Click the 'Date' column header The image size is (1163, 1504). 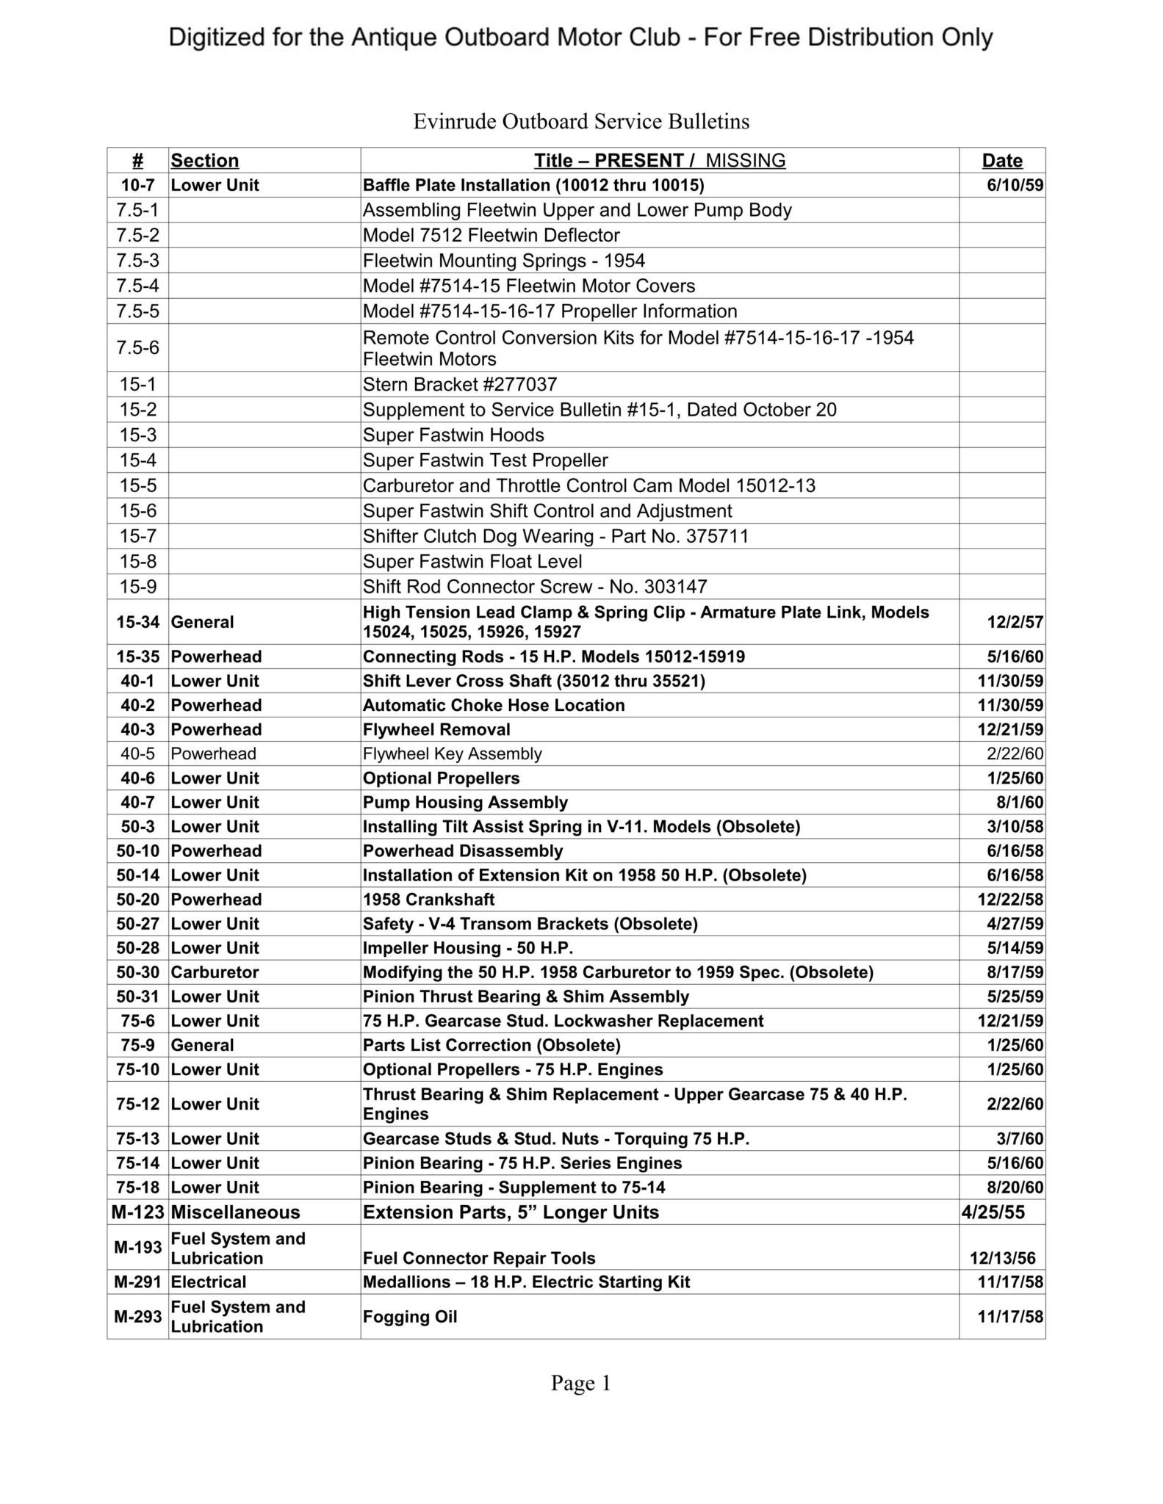pos(1001,160)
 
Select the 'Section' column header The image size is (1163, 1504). pos(204,160)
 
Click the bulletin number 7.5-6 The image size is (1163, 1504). pos(137,347)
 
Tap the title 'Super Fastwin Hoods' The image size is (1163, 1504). pos(453,435)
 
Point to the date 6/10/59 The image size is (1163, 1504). pos(1015,185)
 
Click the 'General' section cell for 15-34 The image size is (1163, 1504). pos(202,622)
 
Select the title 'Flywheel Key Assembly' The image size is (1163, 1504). pos(452,753)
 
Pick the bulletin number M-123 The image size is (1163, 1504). pos(137,1212)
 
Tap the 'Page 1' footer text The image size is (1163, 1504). pos(580,1384)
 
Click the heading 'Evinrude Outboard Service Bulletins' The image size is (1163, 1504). pos(581,121)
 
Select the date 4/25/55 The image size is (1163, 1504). pos(993,1212)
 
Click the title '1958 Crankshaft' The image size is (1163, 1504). pos(428,900)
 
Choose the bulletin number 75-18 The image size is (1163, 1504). pos(137,1187)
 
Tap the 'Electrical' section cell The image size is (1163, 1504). pos(208,1282)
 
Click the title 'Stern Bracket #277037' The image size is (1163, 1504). pos(460,384)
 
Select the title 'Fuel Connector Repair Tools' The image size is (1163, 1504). pos(478,1258)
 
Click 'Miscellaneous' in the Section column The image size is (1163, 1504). pos(235,1212)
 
